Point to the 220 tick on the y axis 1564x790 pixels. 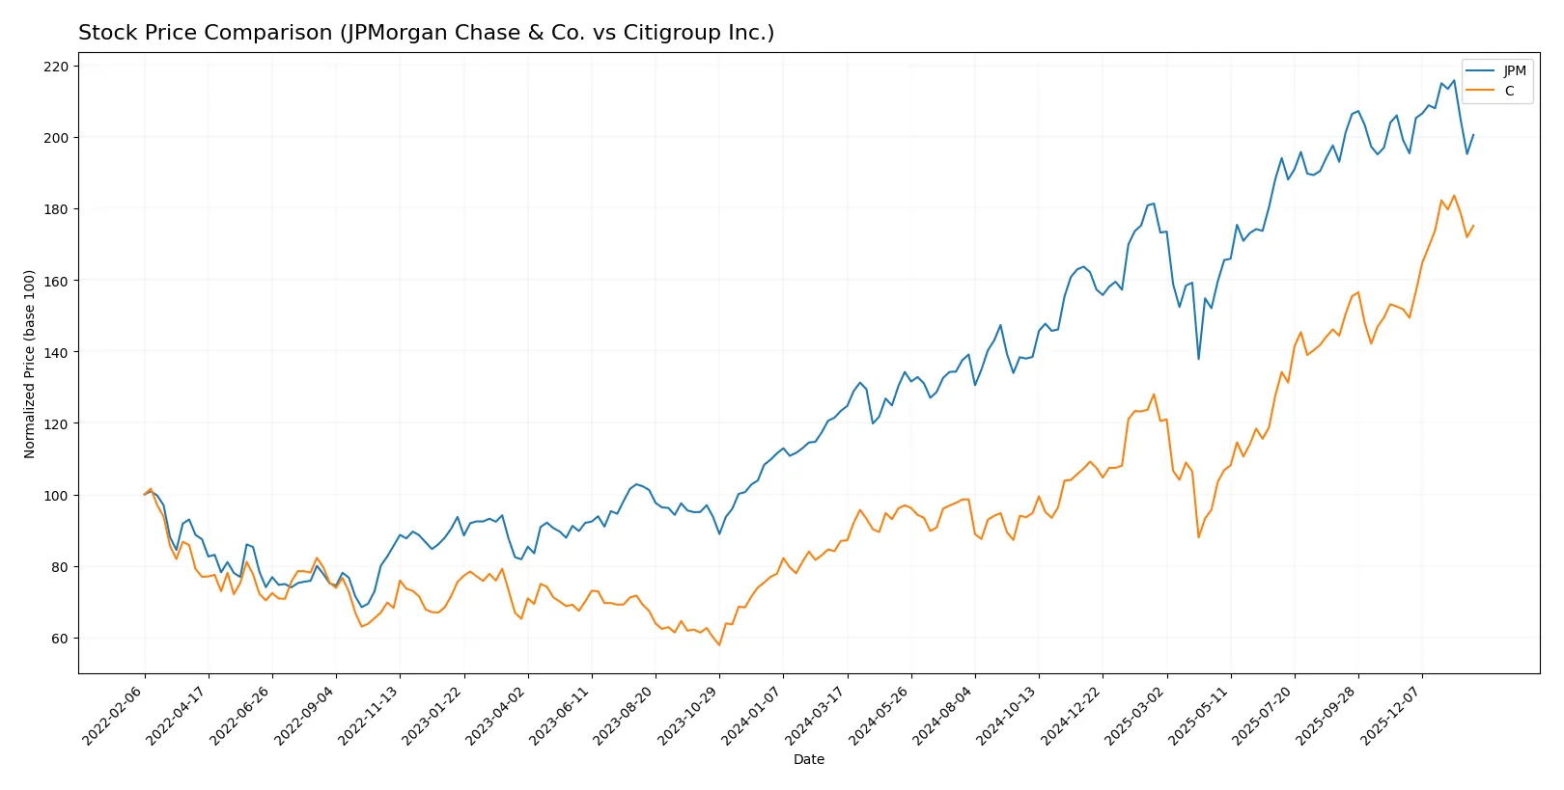56,67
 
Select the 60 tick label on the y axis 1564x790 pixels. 60,639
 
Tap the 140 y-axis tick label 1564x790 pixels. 56,353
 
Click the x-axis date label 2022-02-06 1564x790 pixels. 114,715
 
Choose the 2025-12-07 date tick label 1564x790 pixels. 1391,715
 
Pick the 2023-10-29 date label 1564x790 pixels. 688,715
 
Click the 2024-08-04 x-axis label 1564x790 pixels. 944,715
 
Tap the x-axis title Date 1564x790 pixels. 808,759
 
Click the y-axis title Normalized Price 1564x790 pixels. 29,364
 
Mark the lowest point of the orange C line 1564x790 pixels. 719,645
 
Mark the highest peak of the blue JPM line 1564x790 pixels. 1454,81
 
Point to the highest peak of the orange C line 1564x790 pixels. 1454,196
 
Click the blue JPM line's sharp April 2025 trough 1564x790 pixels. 1199,359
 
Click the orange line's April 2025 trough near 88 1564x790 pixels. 1199,537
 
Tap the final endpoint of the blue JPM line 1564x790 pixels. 1473,135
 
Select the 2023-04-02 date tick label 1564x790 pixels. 497,715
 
